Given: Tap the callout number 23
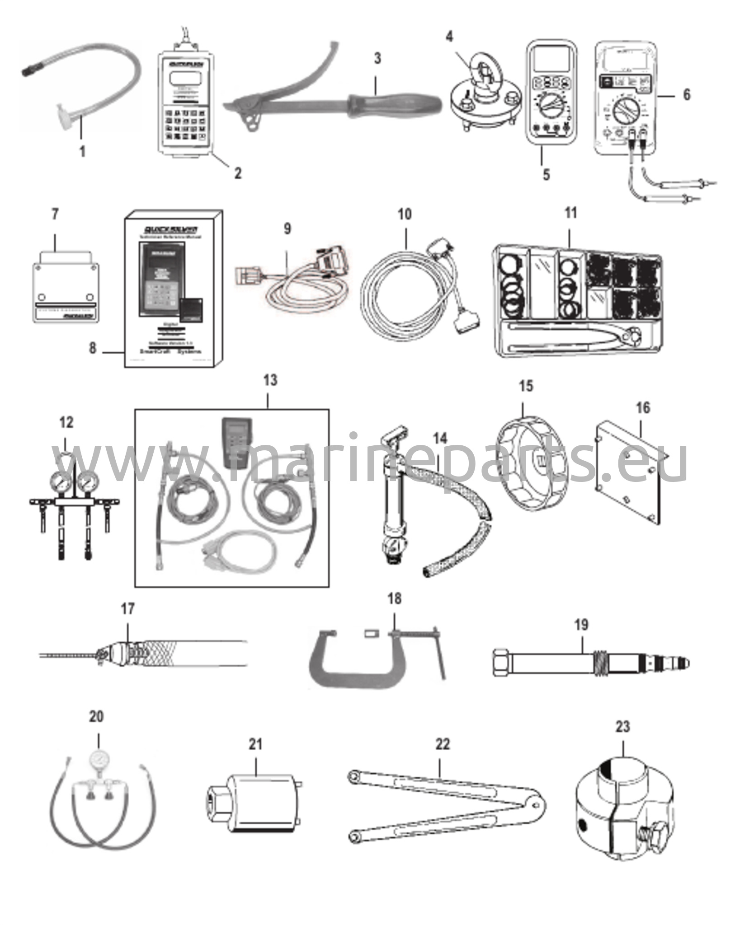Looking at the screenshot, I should pos(622,727).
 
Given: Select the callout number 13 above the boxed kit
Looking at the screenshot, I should pos(270,381).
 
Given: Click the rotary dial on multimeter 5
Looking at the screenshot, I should pos(550,107).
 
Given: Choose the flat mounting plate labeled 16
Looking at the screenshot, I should pos(629,470).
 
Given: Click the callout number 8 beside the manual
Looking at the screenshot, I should pos(92,348).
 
